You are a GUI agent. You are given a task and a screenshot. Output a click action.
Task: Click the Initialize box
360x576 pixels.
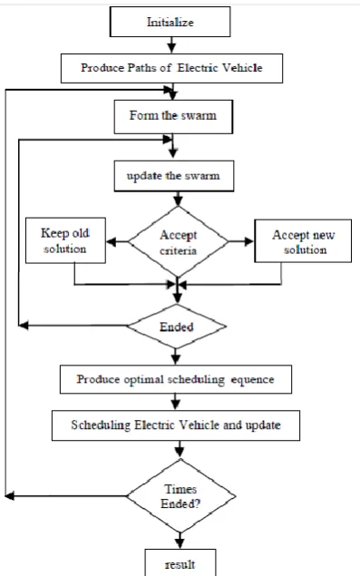170,22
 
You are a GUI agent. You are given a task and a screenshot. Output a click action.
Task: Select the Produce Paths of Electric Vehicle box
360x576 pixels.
171,68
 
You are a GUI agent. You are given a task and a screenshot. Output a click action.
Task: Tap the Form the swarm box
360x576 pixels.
173,116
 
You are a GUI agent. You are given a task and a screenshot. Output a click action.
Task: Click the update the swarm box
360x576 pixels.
174,176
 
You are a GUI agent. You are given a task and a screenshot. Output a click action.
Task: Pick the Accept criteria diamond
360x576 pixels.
178,241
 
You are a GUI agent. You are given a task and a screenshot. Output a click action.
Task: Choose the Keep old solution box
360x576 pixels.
65,240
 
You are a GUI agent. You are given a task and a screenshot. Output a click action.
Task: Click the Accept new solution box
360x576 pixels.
303,241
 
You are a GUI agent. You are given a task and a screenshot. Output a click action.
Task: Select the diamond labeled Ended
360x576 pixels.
176,327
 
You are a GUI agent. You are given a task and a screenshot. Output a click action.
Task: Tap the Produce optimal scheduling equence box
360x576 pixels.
176,379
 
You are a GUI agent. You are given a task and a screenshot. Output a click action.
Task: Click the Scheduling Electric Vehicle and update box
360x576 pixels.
176,425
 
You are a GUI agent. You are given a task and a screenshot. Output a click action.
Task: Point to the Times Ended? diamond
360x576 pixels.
180,496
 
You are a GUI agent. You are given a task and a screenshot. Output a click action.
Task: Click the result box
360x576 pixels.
180,562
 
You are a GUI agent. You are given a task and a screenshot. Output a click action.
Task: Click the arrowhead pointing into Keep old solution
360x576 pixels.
112,241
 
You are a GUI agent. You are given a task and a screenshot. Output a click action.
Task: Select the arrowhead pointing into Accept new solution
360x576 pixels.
249,241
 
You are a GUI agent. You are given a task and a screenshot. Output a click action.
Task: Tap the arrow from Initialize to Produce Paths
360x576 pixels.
171,45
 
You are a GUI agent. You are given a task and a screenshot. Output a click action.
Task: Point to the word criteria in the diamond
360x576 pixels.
178,250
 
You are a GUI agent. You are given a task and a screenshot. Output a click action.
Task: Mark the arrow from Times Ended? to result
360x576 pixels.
180,541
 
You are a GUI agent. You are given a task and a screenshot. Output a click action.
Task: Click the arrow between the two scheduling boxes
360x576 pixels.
176,402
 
